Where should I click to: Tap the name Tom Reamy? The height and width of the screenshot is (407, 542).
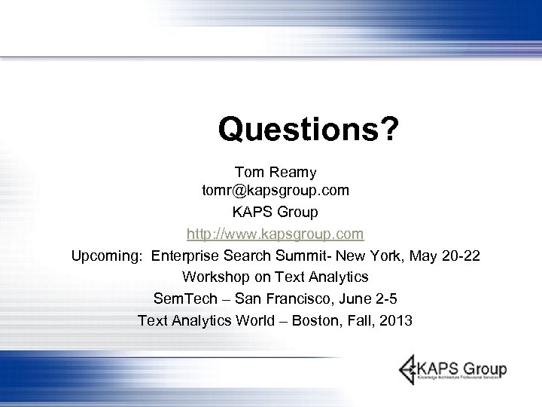pyautogui.click(x=275, y=173)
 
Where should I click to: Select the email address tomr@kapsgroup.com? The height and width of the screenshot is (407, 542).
pyautogui.click(x=276, y=192)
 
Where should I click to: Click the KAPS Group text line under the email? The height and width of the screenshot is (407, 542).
pyautogui.click(x=276, y=213)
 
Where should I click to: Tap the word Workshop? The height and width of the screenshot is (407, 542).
pyautogui.click(x=215, y=277)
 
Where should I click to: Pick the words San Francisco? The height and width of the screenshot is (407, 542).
pyautogui.click(x=286, y=298)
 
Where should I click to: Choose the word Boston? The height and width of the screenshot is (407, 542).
pyautogui.click(x=316, y=320)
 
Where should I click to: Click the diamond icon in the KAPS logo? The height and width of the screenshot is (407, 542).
pyautogui.click(x=410, y=370)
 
